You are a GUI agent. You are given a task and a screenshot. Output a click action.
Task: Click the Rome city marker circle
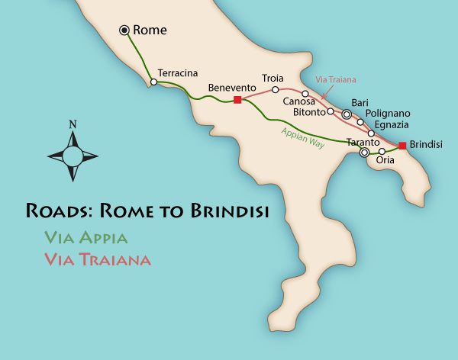click(124, 30)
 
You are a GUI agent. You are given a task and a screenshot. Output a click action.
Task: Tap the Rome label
click(150, 30)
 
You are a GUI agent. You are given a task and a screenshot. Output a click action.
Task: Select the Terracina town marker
click(153, 82)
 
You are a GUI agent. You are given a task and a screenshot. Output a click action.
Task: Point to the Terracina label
click(177, 73)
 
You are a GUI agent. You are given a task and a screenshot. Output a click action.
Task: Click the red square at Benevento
click(237, 100)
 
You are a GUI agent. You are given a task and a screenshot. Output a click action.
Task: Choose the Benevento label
click(230, 88)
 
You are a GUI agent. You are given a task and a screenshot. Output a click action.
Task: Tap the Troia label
click(273, 78)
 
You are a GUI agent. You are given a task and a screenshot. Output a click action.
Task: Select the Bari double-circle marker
click(347, 114)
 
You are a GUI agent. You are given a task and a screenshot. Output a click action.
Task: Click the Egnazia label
click(393, 124)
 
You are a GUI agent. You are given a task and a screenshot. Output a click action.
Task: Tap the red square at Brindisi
click(402, 145)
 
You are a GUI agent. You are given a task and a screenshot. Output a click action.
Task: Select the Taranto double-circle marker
click(364, 153)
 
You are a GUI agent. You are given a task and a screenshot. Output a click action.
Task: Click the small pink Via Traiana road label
click(336, 79)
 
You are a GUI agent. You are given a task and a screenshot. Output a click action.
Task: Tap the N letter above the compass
click(73, 124)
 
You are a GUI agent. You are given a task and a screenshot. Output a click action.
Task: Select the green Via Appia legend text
click(85, 236)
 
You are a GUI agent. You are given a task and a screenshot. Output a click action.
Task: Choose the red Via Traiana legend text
click(98, 259)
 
